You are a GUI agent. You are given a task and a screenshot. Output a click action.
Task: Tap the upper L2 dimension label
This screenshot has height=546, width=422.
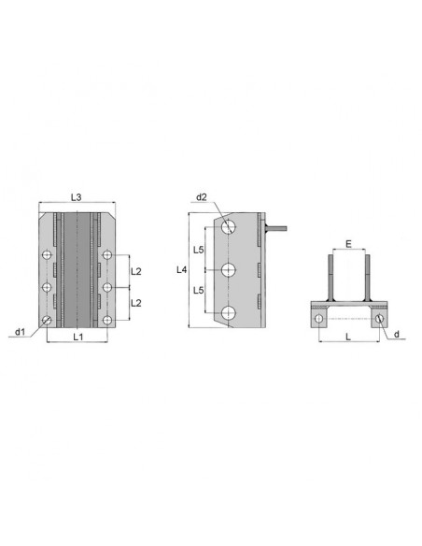pos(135,271)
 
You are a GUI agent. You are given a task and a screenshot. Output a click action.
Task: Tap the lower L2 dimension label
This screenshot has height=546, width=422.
pos(135,303)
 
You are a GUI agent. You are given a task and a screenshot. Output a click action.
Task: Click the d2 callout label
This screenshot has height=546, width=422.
pos(202,197)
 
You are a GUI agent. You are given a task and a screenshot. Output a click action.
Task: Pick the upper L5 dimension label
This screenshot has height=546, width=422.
pos(199,250)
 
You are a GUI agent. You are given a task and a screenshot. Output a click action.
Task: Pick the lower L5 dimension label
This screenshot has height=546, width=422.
pos(199,291)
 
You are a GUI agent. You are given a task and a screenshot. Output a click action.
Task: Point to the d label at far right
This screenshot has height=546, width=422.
pos(397,333)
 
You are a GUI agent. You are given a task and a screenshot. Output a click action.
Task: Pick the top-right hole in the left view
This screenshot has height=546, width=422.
pos(108,254)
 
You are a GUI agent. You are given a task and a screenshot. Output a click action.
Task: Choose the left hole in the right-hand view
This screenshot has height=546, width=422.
pos(319,319)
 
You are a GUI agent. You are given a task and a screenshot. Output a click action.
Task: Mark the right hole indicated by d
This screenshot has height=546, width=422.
pos(378,319)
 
